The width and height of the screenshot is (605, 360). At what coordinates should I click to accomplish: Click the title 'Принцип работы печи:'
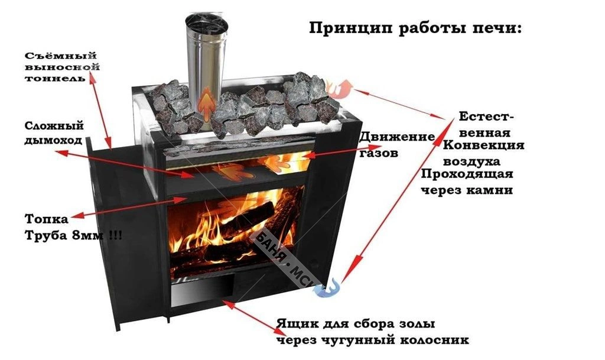(415, 29)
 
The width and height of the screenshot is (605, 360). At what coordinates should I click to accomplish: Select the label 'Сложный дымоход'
(54, 133)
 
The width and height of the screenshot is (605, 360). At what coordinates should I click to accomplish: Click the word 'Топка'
(46, 219)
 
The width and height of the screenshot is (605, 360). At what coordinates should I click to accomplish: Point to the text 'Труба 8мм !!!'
(73, 235)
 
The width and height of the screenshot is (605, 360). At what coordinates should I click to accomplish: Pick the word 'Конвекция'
(483, 145)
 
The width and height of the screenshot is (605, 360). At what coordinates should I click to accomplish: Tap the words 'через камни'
(467, 190)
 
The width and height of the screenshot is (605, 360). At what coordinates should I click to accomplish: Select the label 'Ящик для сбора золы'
(356, 323)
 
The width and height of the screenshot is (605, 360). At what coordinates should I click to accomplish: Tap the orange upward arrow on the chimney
(207, 103)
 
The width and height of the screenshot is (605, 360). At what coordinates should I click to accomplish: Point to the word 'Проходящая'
(467, 174)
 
